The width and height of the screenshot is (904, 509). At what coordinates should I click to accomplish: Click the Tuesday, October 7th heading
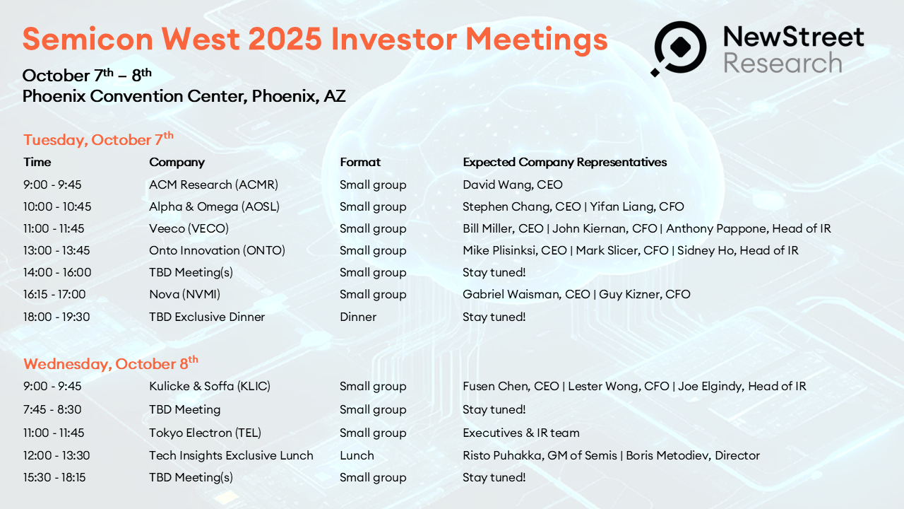pyautogui.click(x=98, y=139)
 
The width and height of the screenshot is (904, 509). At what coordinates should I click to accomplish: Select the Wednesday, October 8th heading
pyautogui.click(x=111, y=363)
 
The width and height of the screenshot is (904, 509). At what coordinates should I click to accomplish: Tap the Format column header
pyautogui.click(x=360, y=162)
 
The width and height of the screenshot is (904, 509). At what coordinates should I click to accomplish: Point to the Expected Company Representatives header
pyautogui.click(x=564, y=163)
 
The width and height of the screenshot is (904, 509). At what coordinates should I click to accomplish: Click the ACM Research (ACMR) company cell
pyautogui.click(x=213, y=185)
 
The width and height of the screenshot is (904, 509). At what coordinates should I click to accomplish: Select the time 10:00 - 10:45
pyautogui.click(x=57, y=206)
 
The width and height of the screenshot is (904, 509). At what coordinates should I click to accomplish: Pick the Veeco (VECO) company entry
pyautogui.click(x=189, y=228)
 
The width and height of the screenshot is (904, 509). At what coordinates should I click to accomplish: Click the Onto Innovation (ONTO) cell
pyautogui.click(x=217, y=250)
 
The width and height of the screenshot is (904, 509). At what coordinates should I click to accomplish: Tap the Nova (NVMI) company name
pyautogui.click(x=185, y=294)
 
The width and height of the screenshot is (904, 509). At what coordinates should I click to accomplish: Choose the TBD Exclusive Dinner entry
pyautogui.click(x=207, y=317)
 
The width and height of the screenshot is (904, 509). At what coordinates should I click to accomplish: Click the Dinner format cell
pyautogui.click(x=358, y=317)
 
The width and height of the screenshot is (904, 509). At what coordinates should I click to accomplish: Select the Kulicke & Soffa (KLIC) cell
pyautogui.click(x=210, y=386)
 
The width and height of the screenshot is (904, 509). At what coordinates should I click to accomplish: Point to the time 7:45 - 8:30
pyautogui.click(x=52, y=409)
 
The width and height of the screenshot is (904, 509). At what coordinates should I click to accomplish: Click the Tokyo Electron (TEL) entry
pyautogui.click(x=205, y=433)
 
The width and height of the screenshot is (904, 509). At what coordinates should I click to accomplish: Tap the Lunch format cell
pyautogui.click(x=357, y=455)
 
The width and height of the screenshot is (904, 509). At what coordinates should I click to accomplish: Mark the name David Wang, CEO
pyautogui.click(x=513, y=185)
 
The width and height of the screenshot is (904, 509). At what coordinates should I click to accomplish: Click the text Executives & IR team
pyautogui.click(x=521, y=433)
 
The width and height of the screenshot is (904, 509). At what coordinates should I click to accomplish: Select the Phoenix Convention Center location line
pyautogui.click(x=184, y=96)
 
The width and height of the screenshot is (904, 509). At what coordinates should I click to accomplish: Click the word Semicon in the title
pyautogui.click(x=88, y=39)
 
